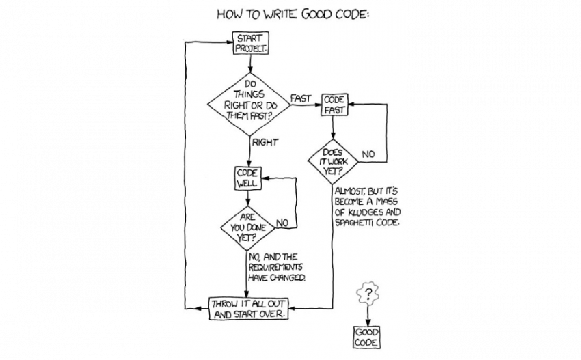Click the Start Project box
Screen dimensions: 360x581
(x=250, y=43)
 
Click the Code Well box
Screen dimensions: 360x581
(x=247, y=179)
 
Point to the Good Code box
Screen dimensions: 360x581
(x=367, y=336)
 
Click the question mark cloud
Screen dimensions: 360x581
(x=368, y=294)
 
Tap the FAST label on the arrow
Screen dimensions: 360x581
(x=301, y=98)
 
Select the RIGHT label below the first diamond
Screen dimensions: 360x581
(x=265, y=143)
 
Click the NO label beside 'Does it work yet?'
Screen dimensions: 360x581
(x=368, y=154)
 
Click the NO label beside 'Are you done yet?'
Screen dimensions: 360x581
(x=282, y=222)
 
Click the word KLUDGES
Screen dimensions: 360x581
(x=366, y=212)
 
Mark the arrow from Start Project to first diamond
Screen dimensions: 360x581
(x=250, y=64)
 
